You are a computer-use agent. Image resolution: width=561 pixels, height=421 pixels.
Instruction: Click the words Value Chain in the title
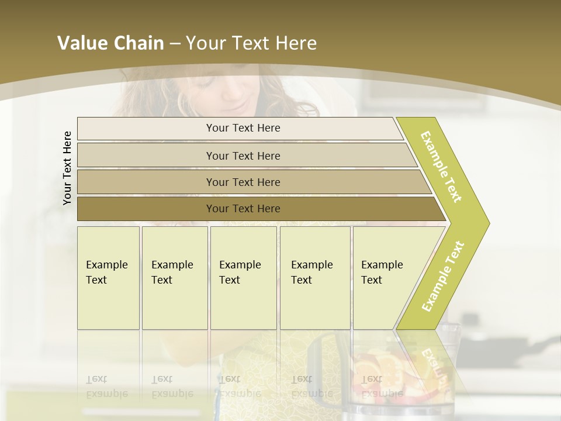pyautogui.click(x=110, y=43)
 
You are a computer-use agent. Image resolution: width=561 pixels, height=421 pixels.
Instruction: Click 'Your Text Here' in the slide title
pyautogui.click(x=251, y=43)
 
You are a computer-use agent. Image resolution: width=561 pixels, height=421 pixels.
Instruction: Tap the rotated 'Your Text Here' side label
pyautogui.click(x=67, y=168)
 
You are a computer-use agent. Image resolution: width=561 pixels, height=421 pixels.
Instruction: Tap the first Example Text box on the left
pyautogui.click(x=108, y=278)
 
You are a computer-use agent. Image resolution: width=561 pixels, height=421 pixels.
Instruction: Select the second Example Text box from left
pyautogui.click(x=175, y=278)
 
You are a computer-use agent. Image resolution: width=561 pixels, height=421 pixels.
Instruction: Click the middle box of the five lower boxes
pyautogui.click(x=243, y=278)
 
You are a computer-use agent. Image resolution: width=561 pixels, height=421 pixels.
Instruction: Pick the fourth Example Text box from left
pyautogui.click(x=315, y=278)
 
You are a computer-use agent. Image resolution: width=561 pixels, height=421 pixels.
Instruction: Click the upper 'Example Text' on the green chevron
pyautogui.click(x=442, y=167)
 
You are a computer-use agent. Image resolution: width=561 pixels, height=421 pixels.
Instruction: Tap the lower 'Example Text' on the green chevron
pyautogui.click(x=442, y=277)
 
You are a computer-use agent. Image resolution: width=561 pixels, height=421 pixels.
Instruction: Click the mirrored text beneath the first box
pyautogui.click(x=107, y=387)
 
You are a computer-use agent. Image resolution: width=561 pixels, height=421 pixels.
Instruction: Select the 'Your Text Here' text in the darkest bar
pyautogui.click(x=243, y=209)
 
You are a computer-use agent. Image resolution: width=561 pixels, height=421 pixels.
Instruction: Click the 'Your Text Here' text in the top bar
pyautogui.click(x=243, y=128)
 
